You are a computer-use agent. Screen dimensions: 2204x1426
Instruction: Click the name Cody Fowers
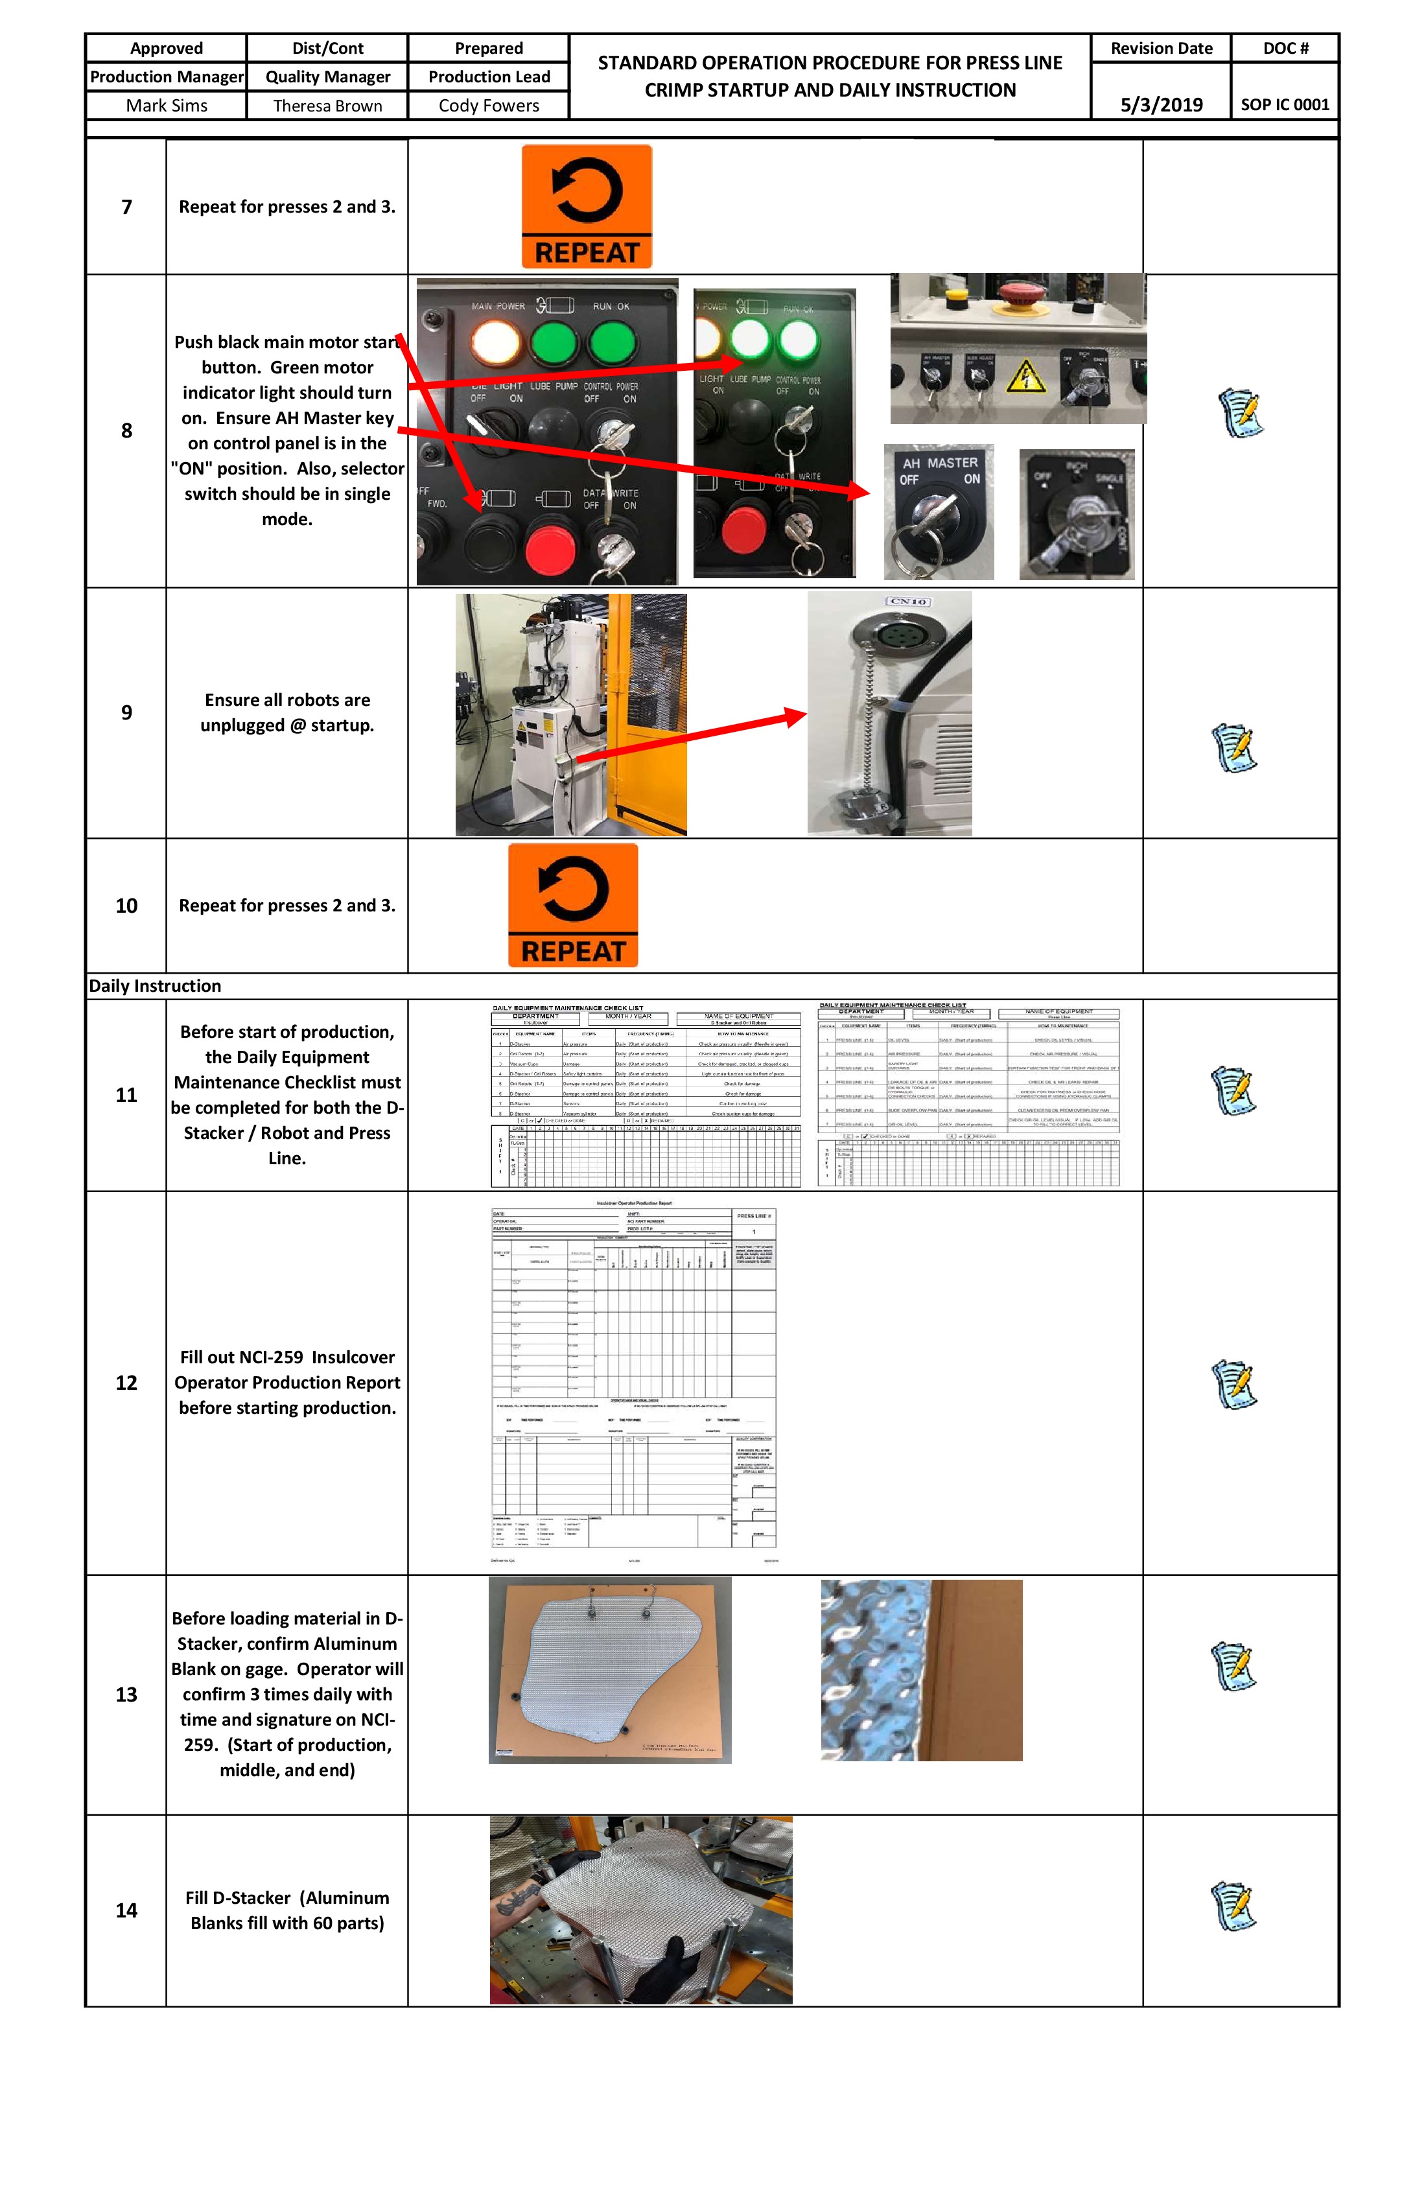(x=488, y=106)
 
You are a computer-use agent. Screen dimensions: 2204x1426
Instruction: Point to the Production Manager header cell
(x=167, y=77)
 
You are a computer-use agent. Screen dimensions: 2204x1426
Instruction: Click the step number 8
(x=127, y=430)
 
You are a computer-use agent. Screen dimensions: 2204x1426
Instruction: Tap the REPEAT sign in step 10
(x=573, y=905)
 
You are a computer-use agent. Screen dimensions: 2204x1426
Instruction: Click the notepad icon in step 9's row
(x=1234, y=747)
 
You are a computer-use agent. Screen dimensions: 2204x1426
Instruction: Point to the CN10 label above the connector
(x=907, y=602)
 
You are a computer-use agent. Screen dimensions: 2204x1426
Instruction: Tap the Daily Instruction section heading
(x=156, y=985)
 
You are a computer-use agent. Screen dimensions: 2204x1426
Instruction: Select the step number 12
(x=127, y=1383)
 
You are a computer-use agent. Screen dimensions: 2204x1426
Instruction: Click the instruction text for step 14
(x=287, y=1910)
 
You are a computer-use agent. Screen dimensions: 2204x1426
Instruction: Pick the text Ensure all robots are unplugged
(x=287, y=712)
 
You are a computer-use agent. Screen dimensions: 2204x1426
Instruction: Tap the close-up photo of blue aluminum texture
(x=921, y=1670)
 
